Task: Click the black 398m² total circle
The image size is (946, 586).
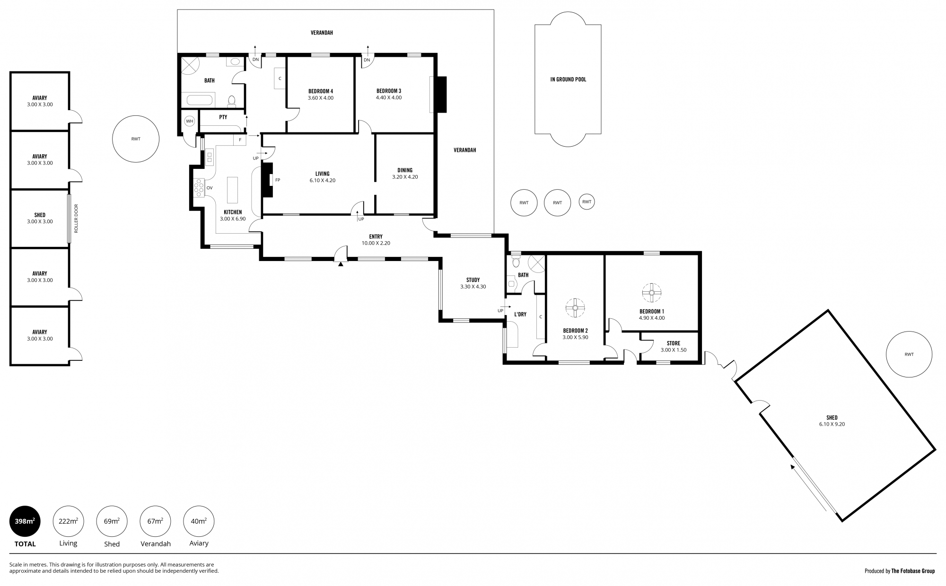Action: (x=25, y=522)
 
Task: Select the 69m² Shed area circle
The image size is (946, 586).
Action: (x=112, y=522)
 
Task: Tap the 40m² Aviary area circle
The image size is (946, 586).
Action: (x=199, y=522)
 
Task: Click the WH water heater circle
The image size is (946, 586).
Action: (x=190, y=122)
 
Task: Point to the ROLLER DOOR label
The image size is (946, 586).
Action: (x=76, y=219)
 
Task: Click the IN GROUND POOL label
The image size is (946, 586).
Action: (x=568, y=79)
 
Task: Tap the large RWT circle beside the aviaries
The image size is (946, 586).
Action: (x=136, y=139)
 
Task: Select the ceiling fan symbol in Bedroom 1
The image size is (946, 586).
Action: (x=651, y=293)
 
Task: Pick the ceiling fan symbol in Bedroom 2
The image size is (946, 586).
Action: (x=575, y=308)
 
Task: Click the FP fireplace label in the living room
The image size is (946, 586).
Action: (x=278, y=180)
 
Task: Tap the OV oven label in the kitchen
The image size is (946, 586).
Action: (x=210, y=188)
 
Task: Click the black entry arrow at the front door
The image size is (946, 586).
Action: (x=341, y=264)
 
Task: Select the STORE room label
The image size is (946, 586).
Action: (x=674, y=343)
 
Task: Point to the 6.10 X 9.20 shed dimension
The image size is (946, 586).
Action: (x=832, y=424)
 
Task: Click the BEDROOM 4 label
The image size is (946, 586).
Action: (x=321, y=91)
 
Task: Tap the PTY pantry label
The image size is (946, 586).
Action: (x=223, y=117)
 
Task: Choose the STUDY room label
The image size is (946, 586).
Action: (x=473, y=280)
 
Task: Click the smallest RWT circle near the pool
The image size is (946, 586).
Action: (x=587, y=202)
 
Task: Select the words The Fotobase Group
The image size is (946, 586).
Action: (x=913, y=571)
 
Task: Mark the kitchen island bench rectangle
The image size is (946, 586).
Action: (x=233, y=190)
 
